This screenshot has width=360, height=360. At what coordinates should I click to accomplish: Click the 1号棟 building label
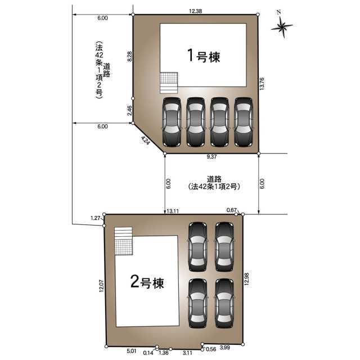[x=204, y=56]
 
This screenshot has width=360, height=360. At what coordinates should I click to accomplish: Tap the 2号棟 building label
[x=147, y=282]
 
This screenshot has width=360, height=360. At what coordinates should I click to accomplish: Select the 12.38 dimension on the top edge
[x=195, y=11]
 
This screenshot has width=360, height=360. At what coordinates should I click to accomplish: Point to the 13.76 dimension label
[x=262, y=84]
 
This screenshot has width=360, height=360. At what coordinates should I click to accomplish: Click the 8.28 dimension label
[x=129, y=56]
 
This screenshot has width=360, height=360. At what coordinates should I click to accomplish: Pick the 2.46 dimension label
[x=129, y=110]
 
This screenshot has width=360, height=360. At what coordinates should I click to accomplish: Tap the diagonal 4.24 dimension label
[x=145, y=140]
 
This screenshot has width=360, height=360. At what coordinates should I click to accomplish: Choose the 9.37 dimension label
[x=211, y=156]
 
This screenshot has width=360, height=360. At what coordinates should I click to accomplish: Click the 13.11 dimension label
[x=173, y=211]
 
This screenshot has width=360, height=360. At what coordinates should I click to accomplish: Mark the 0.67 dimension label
[x=231, y=210]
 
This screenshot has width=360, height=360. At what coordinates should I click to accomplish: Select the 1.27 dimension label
[x=96, y=218]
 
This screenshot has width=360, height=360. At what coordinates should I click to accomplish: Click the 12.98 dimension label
[x=246, y=279]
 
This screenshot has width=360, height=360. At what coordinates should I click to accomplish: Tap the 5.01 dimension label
[x=132, y=351]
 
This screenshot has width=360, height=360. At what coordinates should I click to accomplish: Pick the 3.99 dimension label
[x=225, y=348]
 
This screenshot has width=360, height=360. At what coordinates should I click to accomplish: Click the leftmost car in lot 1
[x=172, y=122]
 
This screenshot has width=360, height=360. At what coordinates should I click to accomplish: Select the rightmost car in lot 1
[x=244, y=122]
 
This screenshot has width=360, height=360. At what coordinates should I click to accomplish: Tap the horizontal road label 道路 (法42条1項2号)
[x=214, y=183]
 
